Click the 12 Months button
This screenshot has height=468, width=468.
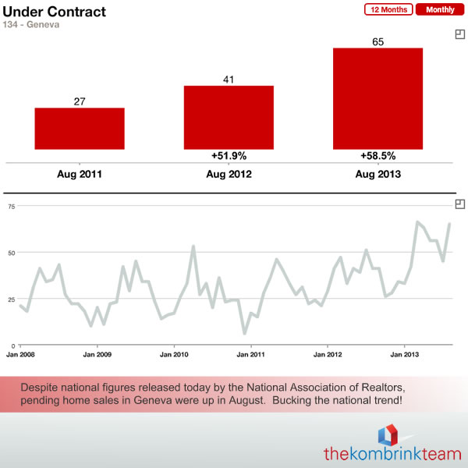pyautogui.click(x=388, y=9)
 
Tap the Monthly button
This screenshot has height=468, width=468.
pyautogui.click(x=440, y=9)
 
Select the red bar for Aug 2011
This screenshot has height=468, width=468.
pyautogui.click(x=80, y=129)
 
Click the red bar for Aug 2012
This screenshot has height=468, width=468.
pyautogui.click(x=229, y=118)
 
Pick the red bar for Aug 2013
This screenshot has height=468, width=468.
pyautogui.click(x=378, y=99)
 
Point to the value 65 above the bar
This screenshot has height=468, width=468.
pyautogui.click(x=378, y=42)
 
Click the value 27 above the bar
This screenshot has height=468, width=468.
pyautogui.click(x=80, y=101)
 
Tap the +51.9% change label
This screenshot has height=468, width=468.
pyautogui.click(x=229, y=156)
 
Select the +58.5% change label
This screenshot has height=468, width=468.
pyautogui.click(x=378, y=156)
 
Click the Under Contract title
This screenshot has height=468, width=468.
pyautogui.click(x=55, y=12)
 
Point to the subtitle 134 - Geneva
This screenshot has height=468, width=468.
pyautogui.click(x=31, y=24)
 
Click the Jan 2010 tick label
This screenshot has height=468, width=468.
pyautogui.click(x=174, y=355)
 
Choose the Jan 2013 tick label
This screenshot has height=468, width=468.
pyautogui.click(x=404, y=355)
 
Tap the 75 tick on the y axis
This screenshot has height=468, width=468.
pyautogui.click(x=12, y=207)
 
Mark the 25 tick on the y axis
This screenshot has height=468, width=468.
pyautogui.click(x=12, y=300)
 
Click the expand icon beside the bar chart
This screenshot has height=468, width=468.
pyautogui.click(x=460, y=34)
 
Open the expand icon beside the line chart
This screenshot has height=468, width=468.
pyautogui.click(x=460, y=204)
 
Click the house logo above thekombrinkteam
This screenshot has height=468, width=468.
pyautogui.click(x=388, y=435)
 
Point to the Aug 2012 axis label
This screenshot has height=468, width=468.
pyautogui.click(x=229, y=174)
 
